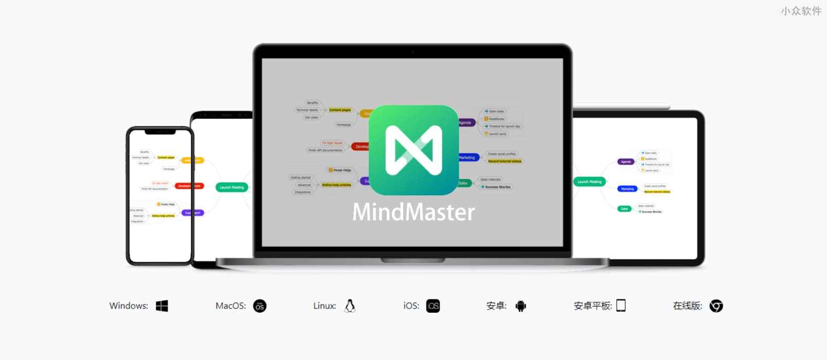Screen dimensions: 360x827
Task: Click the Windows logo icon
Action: click(162, 306)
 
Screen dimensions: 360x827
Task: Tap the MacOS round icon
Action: click(260, 306)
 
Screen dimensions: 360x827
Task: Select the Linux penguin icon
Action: click(350, 306)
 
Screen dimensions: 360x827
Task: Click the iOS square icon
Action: click(433, 306)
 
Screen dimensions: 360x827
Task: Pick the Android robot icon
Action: click(520, 306)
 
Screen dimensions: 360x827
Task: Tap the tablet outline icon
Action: click(621, 305)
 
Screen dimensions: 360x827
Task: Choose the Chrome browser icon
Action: click(716, 306)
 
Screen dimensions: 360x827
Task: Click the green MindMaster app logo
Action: click(413, 150)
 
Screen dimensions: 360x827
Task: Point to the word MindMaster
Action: click(413, 212)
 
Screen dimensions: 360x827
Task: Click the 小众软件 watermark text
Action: click(801, 11)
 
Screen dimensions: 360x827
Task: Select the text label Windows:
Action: click(129, 306)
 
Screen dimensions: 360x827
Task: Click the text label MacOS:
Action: click(230, 306)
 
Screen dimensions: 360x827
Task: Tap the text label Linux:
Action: click(325, 306)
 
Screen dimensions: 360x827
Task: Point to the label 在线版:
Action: click(687, 306)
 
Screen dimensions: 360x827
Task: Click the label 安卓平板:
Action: click(592, 306)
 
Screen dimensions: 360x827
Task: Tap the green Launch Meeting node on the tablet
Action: click(589, 182)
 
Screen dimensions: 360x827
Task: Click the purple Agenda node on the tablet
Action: click(626, 161)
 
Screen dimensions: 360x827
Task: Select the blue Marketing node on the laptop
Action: click(468, 157)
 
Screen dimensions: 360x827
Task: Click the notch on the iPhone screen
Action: click(160, 132)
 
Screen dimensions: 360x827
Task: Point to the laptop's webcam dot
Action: click(412, 52)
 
